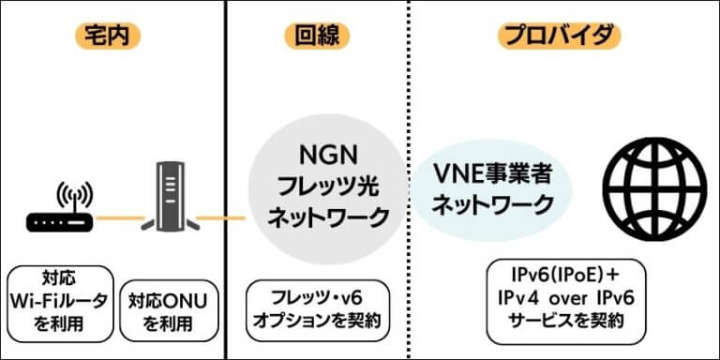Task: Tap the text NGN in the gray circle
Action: coord(328,153)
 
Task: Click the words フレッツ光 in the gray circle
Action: coord(328,185)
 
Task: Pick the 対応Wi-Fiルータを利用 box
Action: coord(57,301)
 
